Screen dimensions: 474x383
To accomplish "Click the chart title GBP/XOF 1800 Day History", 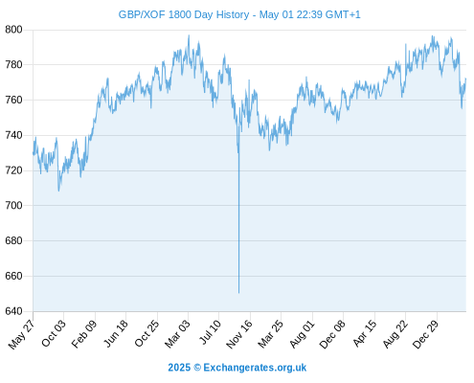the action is [x=184, y=14].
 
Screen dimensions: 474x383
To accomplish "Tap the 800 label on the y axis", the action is [x=13, y=30].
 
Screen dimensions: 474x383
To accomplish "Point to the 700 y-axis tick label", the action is [x=13, y=205].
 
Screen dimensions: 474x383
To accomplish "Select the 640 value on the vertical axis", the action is [x=13, y=311].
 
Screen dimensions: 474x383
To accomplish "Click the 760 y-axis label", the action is [x=13, y=100].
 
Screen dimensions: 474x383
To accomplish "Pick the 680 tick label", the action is [x=13, y=240].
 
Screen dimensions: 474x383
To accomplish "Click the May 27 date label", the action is [x=22, y=334].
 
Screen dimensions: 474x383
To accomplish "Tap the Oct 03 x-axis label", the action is [x=54, y=333].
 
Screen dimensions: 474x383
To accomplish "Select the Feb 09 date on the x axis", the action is [x=84, y=334].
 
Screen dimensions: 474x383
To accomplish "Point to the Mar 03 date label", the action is [x=177, y=334].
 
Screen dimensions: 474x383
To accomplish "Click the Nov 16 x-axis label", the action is [x=239, y=334].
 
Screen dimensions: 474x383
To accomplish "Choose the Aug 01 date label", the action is [x=302, y=334].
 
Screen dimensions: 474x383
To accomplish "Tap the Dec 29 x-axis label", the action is [x=426, y=334].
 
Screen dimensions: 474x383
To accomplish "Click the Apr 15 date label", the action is [x=365, y=333].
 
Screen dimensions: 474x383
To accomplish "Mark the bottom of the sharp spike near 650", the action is [x=238, y=293].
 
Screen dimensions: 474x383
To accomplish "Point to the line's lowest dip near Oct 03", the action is [x=58, y=191].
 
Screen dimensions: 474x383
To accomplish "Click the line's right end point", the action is [x=466, y=79].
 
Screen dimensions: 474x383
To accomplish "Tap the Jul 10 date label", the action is [x=210, y=332].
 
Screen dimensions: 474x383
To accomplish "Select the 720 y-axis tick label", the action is [x=13, y=170].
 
